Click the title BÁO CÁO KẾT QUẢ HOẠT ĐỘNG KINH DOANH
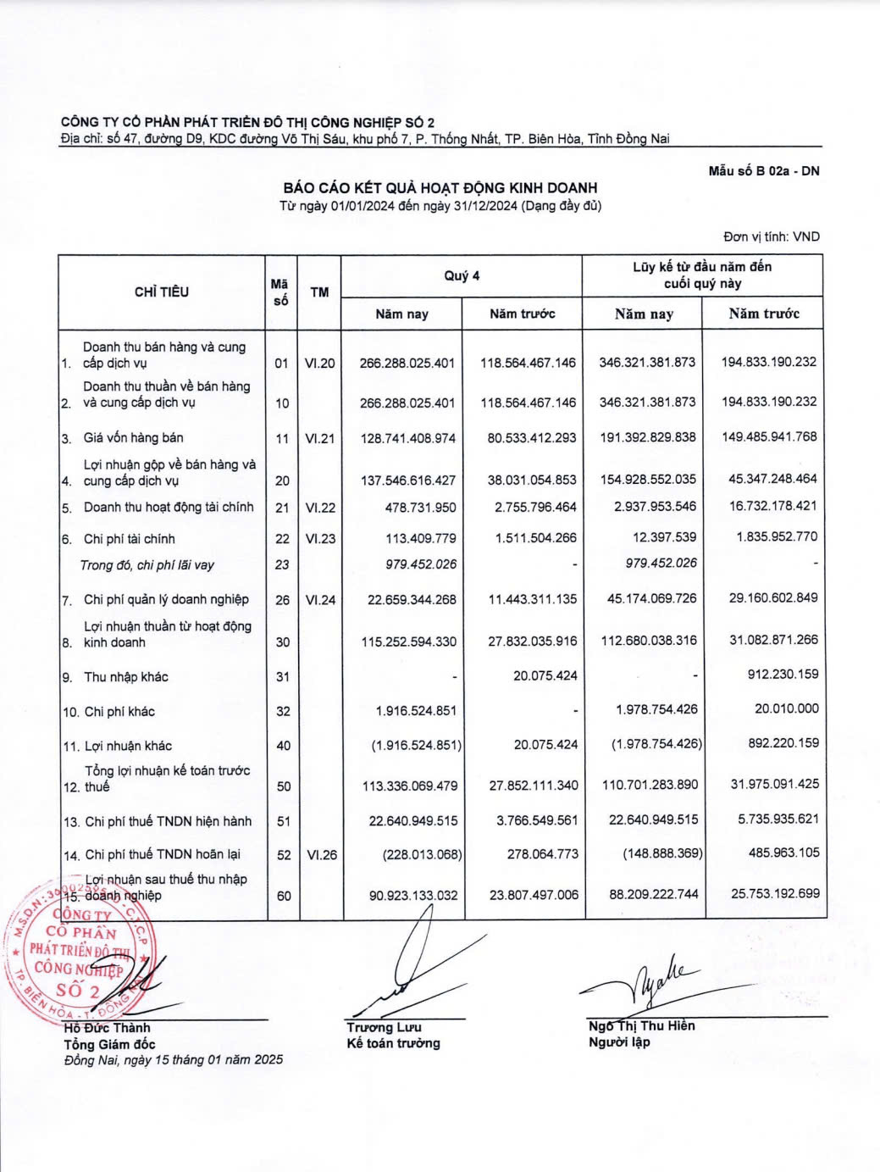click(x=440, y=187)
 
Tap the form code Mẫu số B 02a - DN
click(x=763, y=170)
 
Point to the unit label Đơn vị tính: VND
click(x=771, y=236)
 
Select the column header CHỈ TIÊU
click(x=161, y=292)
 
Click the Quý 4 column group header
click(x=462, y=275)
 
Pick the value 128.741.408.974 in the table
click(x=407, y=438)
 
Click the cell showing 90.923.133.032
click(x=412, y=895)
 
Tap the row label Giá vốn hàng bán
click(x=133, y=437)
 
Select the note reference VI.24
click(x=320, y=600)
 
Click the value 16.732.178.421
click(x=772, y=506)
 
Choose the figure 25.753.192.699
click(x=774, y=893)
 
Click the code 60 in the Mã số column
click(x=283, y=896)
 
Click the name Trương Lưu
click(x=384, y=1027)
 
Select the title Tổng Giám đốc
click(x=109, y=1044)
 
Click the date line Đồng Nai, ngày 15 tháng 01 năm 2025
click(x=174, y=1059)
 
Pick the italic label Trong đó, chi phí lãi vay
click(x=147, y=564)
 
